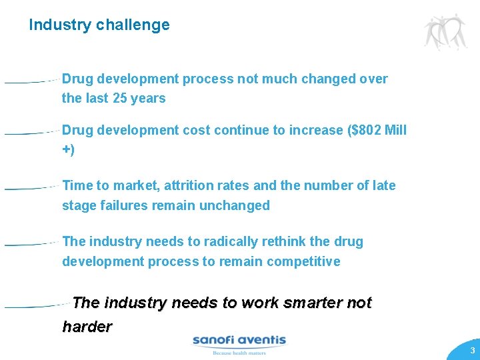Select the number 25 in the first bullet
click(119, 99)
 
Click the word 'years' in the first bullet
click(148, 99)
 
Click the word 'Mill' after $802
click(395, 131)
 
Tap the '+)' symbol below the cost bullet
click(69, 149)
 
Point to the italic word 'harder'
click(87, 327)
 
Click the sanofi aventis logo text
click(239, 341)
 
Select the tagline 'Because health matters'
click(239, 353)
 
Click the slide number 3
click(471, 351)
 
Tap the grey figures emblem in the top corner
click(445, 31)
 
